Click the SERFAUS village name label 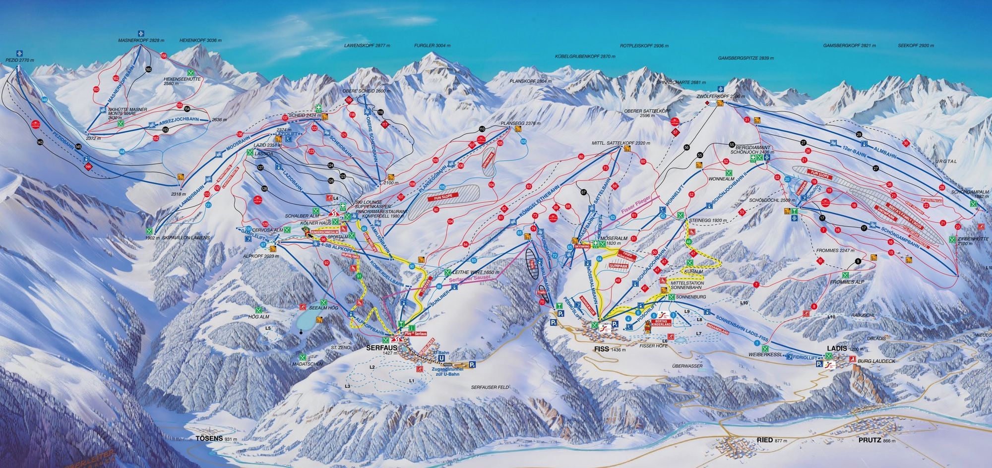[x=379, y=348]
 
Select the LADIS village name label [x=837, y=349]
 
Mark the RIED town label [x=765, y=440]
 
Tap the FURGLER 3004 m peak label [x=432, y=46]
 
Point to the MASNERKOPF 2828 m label [x=141, y=40]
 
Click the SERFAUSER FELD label [x=490, y=387]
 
